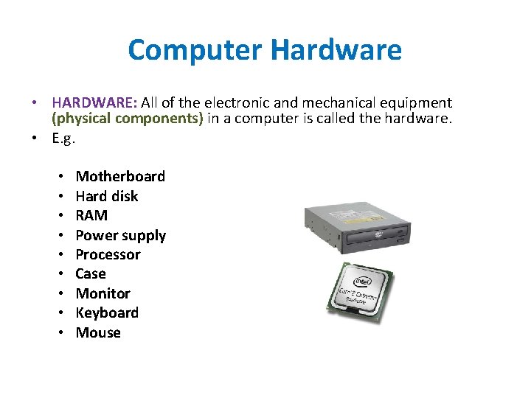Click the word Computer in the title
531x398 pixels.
[x=195, y=50]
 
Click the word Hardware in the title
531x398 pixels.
[x=336, y=50]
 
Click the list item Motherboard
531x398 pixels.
[x=120, y=176]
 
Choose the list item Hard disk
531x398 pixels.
[x=107, y=196]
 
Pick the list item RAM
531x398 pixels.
[x=91, y=215]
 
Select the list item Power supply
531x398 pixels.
[x=121, y=235]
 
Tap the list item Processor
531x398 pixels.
[x=108, y=254]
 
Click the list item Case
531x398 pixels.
[x=91, y=273]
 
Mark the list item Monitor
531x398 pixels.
[x=103, y=293]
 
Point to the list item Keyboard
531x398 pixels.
[x=107, y=313]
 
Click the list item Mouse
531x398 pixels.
[x=98, y=332]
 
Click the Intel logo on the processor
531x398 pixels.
[x=362, y=281]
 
